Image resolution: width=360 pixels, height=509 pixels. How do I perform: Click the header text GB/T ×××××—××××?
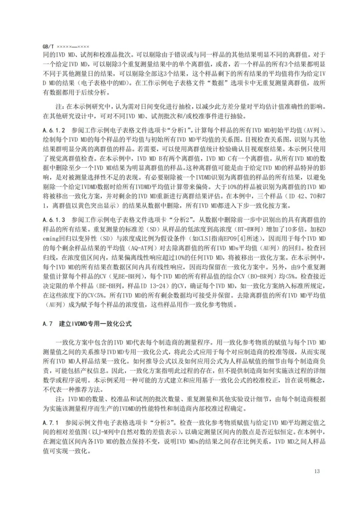[66, 47]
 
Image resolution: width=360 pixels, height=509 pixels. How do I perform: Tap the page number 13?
[317, 471]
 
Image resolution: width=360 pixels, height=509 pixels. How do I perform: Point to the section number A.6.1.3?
[54, 220]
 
